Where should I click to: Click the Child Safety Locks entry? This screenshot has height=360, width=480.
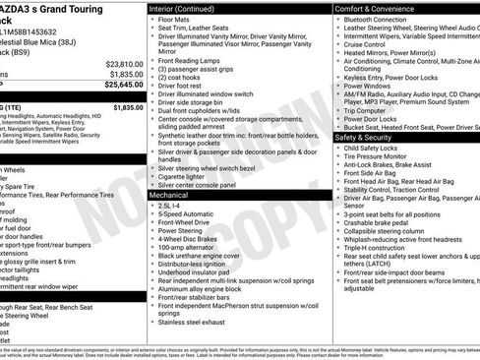377,149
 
